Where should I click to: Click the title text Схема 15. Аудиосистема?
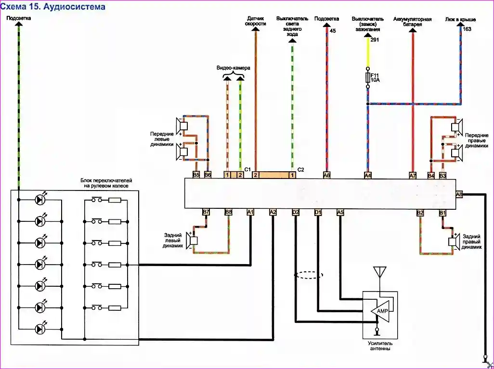click(x=53, y=7)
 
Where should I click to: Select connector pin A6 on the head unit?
click(x=327, y=176)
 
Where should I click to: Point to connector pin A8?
click(x=459, y=194)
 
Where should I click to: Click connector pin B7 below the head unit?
click(x=206, y=212)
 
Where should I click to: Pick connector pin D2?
click(x=296, y=212)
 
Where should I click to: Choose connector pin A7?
click(x=413, y=176)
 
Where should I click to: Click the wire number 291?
click(x=375, y=40)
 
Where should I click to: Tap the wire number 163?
click(x=467, y=29)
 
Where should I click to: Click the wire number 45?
click(x=332, y=30)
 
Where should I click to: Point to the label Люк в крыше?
click(x=461, y=20)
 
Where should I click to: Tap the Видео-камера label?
click(x=234, y=68)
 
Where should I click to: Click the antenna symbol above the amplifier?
click(x=379, y=272)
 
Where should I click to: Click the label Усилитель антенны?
click(x=380, y=346)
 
